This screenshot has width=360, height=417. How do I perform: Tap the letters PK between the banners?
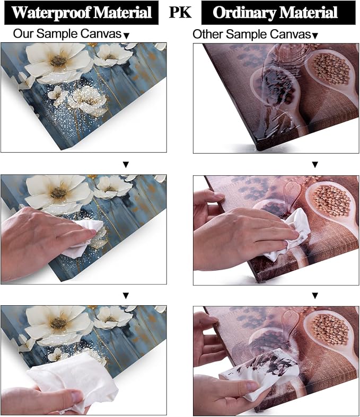(x=180, y=12)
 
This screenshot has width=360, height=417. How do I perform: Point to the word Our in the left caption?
(x=23, y=34)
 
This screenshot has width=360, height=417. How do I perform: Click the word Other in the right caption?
(x=207, y=34)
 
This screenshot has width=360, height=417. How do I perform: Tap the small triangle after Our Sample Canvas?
(x=127, y=36)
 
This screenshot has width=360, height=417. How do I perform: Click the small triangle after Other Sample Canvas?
(x=315, y=36)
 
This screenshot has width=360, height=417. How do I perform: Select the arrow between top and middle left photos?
(x=126, y=165)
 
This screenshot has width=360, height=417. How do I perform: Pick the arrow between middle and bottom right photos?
(x=315, y=296)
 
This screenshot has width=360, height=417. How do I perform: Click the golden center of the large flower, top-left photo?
(x=58, y=61)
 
